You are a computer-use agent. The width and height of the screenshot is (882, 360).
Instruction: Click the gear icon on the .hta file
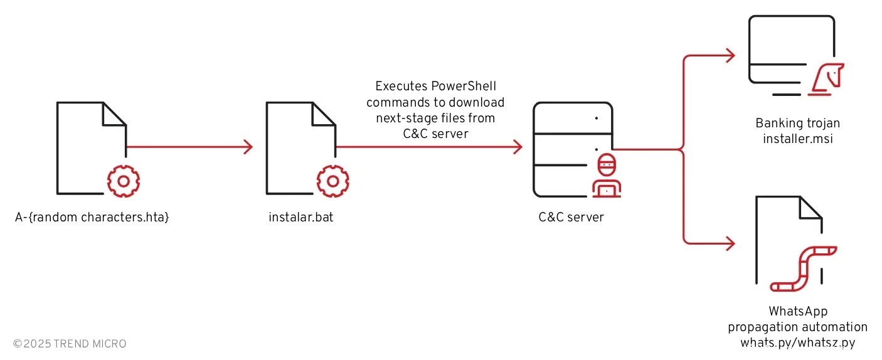pyautogui.click(x=123, y=181)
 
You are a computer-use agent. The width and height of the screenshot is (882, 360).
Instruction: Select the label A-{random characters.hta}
pyautogui.click(x=92, y=218)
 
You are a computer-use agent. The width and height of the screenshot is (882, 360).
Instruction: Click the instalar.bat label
pyautogui.click(x=300, y=218)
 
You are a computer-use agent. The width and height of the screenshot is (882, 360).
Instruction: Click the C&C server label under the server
pyautogui.click(x=571, y=218)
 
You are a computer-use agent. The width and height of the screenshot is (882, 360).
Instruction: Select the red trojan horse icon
pyautogui.click(x=826, y=80)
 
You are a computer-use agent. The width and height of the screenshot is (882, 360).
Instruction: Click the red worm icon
pyautogui.click(x=802, y=268)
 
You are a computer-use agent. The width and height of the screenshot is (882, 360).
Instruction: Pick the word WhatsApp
pyautogui.click(x=797, y=311)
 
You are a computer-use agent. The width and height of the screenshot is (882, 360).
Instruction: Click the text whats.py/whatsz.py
pyautogui.click(x=797, y=342)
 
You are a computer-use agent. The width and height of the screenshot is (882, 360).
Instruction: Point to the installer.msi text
pyautogui.click(x=797, y=139)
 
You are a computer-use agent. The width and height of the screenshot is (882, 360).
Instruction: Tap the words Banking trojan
pyautogui.click(x=797, y=123)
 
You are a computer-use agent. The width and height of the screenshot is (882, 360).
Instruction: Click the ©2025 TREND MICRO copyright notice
pyautogui.click(x=70, y=344)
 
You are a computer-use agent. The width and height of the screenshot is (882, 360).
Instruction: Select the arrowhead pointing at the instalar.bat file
pyautogui.click(x=248, y=147)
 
